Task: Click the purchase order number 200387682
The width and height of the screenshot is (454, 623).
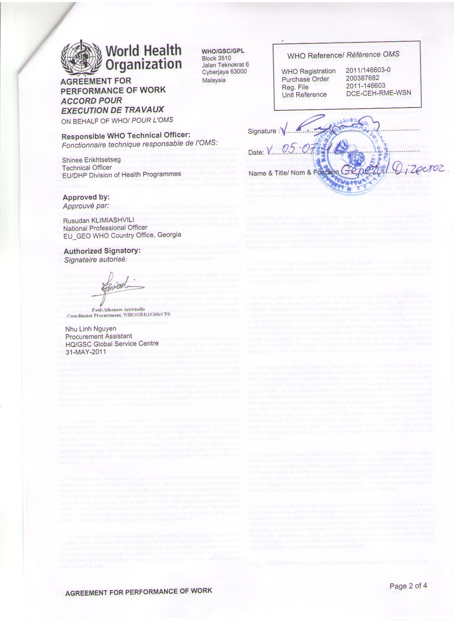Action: click(x=362, y=78)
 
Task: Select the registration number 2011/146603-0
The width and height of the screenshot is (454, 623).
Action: click(x=368, y=70)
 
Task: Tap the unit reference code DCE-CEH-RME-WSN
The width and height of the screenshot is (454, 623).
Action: click(x=379, y=93)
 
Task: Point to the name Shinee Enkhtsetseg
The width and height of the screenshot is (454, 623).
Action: click(x=91, y=160)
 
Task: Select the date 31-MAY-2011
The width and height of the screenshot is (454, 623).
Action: click(x=85, y=351)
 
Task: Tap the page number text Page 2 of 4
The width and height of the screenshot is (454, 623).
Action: click(x=408, y=585)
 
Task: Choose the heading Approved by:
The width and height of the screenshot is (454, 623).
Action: click(x=86, y=197)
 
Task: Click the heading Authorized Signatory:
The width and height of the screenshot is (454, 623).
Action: click(x=102, y=251)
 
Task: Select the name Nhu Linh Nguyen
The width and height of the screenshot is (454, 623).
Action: click(x=91, y=328)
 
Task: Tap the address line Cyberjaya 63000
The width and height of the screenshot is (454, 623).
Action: click(x=224, y=72)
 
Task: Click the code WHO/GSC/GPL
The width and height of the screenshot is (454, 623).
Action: click(x=223, y=51)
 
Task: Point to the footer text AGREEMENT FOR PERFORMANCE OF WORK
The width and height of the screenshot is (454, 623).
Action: click(x=139, y=592)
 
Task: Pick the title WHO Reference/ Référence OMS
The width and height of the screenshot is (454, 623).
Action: click(x=343, y=55)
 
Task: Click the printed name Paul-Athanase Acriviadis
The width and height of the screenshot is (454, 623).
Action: click(x=118, y=309)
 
